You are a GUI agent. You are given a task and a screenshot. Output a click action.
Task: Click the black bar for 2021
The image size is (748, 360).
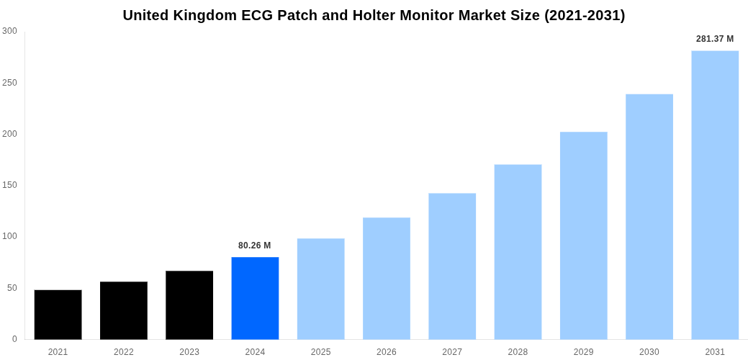coord(58,315)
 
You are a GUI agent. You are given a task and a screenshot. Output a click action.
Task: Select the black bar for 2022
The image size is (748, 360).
coord(124,310)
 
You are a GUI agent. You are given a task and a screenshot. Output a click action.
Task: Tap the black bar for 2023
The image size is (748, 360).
coord(189,305)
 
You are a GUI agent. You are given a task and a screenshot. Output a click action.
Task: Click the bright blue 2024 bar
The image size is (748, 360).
coord(255,298)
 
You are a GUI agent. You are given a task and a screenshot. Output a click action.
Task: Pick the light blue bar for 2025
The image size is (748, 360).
coord(320,289)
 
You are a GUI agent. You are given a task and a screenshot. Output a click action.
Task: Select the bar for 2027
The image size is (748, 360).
coord(452,266)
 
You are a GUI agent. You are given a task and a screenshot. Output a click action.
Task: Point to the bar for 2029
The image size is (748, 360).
coord(583,235)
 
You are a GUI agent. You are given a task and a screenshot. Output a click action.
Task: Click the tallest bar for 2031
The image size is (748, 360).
coord(715,195)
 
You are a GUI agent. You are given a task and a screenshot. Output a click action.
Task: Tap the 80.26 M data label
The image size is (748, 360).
coord(255,246)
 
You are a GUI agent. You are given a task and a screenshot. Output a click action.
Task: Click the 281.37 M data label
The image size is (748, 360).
coord(715,39)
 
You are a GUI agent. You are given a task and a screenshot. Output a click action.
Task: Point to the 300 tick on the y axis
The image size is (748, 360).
coord(9,31)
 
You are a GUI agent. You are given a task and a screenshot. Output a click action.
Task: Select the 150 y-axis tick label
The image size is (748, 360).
coord(9,185)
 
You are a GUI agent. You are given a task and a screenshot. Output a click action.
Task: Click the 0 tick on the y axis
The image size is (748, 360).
coord(14,339)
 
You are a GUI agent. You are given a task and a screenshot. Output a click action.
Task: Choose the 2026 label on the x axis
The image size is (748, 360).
coord(387,352)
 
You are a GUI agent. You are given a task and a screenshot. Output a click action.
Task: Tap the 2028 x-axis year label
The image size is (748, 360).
coord(518,352)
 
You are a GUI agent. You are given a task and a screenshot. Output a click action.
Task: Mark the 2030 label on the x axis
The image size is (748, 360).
coord(649,352)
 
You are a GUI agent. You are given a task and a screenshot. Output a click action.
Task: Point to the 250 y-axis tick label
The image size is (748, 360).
coord(9,83)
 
